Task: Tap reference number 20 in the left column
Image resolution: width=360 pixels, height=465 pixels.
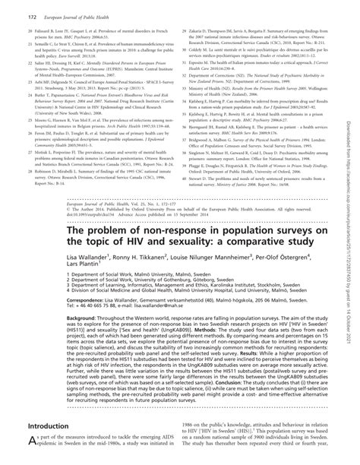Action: pyautogui.click(x=18, y=29)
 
